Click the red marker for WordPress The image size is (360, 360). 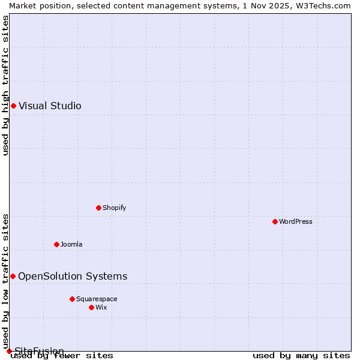tap(275, 221)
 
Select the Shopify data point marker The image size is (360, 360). tap(98, 208)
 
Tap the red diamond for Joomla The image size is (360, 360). tap(56, 244)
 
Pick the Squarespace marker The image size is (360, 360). tap(72, 299)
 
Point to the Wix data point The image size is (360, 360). tap(91, 307)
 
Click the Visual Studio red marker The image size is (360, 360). tap(13, 106)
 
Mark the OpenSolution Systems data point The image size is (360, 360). tap(13, 276)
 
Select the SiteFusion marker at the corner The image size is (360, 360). tap(9, 351)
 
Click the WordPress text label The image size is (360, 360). tap(296, 221)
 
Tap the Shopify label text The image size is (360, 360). tap(114, 208)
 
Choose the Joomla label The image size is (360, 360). tap(71, 244)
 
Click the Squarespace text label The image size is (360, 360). tap(97, 299)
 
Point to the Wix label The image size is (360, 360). tap(101, 307)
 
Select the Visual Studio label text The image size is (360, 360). tap(50, 106)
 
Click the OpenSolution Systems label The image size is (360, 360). tap(73, 276)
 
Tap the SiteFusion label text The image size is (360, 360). tap(39, 351)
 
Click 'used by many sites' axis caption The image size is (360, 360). tap(301, 356)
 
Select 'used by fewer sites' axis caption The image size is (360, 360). tap(62, 356)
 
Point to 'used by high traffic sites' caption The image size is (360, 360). tap(5, 85)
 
